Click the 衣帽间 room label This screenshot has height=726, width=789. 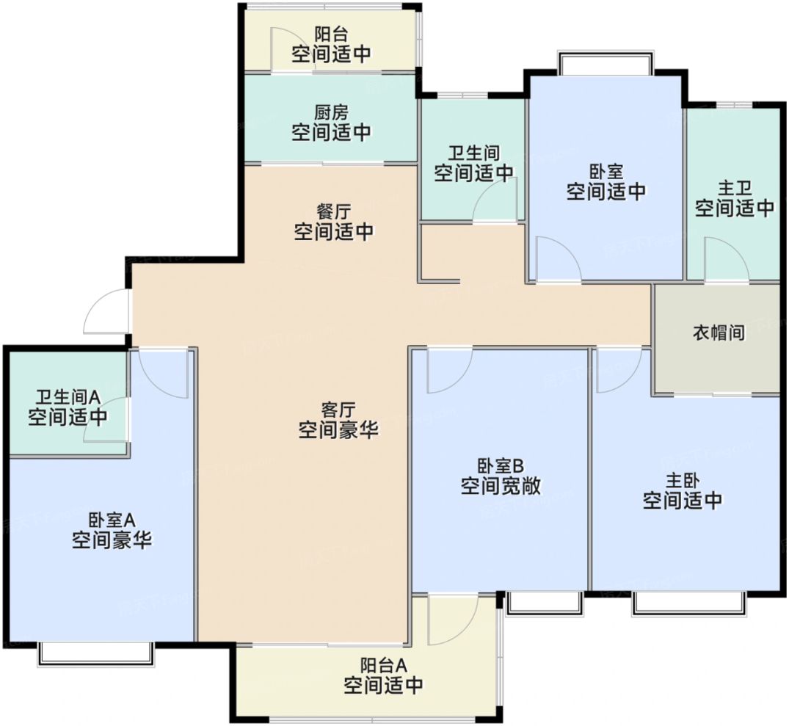[x=719, y=333]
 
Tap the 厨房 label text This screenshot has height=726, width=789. [x=331, y=112]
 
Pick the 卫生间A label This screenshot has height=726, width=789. [x=68, y=398]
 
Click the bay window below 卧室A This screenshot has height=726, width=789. [x=96, y=653]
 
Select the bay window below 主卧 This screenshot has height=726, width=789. [x=689, y=602]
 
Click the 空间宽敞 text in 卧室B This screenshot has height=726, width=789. [x=501, y=486]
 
